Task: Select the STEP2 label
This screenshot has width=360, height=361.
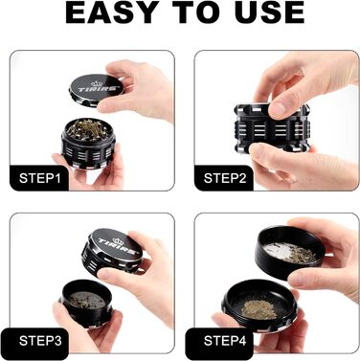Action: (x=225, y=178)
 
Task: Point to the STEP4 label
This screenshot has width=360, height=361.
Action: (x=225, y=339)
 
